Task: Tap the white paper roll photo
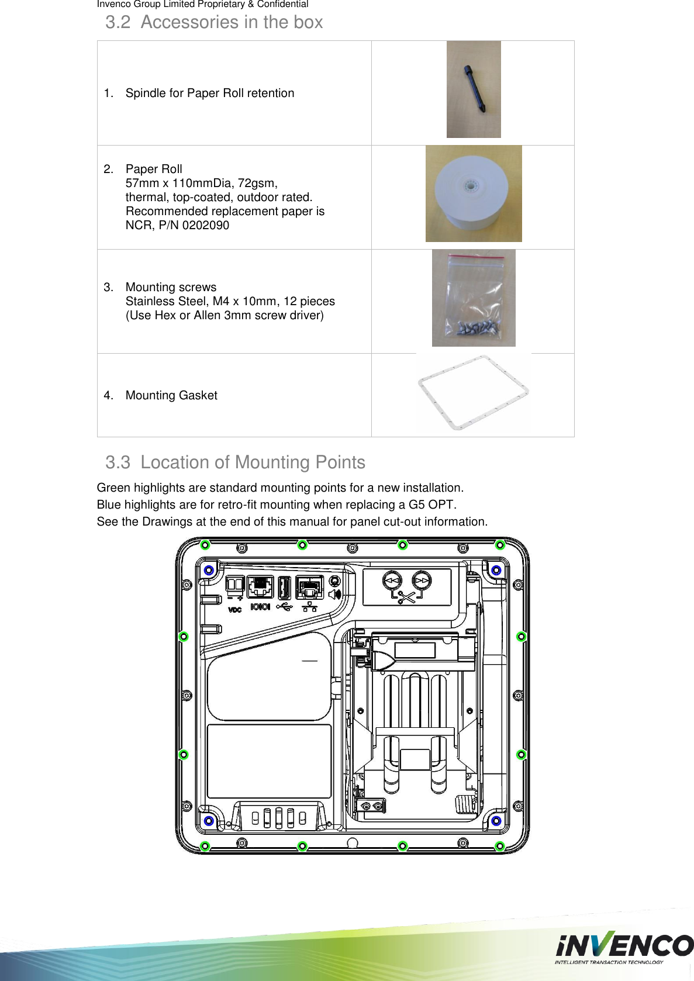click(x=473, y=194)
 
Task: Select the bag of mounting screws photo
click(x=474, y=298)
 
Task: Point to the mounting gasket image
click(x=474, y=393)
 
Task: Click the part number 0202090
click(x=205, y=226)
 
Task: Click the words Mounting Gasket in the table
click(x=171, y=396)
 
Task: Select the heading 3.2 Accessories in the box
click(x=214, y=22)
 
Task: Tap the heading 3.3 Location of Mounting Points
click(x=235, y=462)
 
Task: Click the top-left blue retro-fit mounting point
click(x=209, y=570)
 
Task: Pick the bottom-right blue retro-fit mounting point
click(x=496, y=821)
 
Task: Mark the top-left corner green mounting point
click(x=205, y=545)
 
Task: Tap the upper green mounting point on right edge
click(x=522, y=636)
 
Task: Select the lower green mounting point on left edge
click(x=183, y=755)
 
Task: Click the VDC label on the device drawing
click(x=234, y=610)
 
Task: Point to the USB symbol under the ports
click(x=284, y=607)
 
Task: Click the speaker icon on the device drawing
click(x=334, y=595)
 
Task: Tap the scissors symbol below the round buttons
click(x=406, y=597)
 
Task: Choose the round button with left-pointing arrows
click(x=392, y=581)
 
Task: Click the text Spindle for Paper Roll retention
click(x=209, y=94)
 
